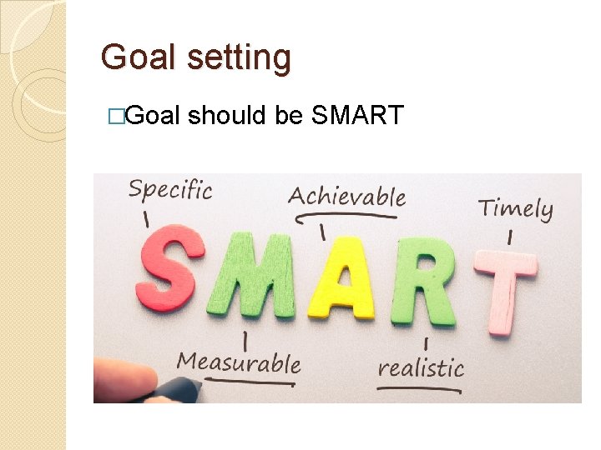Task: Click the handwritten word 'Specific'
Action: (169, 191)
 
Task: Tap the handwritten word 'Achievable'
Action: (346, 197)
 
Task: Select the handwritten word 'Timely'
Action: (515, 208)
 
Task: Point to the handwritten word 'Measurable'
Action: (238, 362)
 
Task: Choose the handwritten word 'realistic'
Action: (421, 367)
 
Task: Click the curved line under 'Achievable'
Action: (346, 215)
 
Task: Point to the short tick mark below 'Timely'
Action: (509, 237)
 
